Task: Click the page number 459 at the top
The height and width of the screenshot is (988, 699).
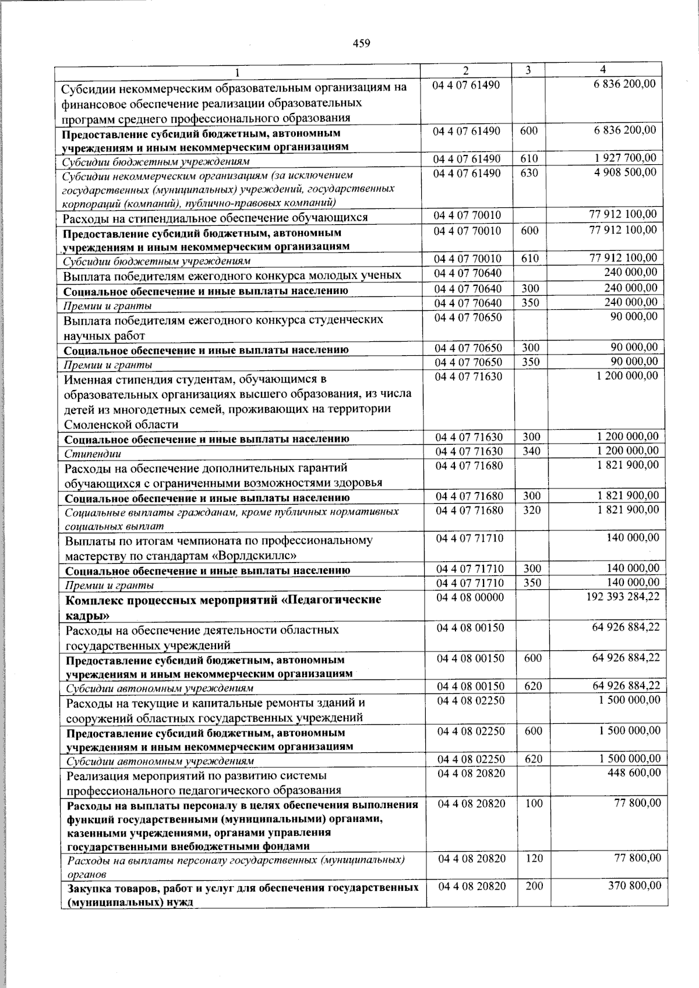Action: (x=362, y=43)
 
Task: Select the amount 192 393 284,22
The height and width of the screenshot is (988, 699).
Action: (x=623, y=597)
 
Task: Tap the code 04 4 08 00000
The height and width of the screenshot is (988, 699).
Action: (x=471, y=597)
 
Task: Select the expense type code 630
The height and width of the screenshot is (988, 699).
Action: (x=529, y=173)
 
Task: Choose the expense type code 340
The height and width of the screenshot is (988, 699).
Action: (x=531, y=451)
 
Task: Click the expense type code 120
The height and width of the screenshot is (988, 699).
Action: (x=534, y=858)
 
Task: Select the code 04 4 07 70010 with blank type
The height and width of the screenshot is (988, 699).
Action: (x=467, y=215)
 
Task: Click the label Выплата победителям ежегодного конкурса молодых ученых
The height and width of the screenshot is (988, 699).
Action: (x=232, y=275)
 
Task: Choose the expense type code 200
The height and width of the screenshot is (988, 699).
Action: (x=534, y=886)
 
